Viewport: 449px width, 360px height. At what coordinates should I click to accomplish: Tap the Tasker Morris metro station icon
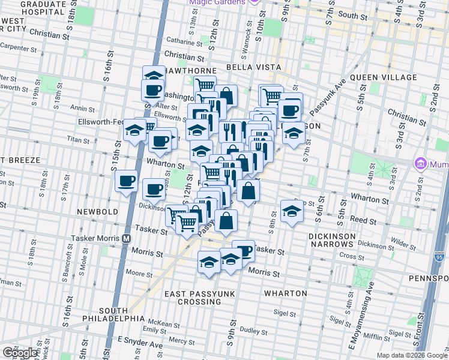[x=126, y=238]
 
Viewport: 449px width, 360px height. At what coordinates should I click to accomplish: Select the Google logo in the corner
[x=19, y=353]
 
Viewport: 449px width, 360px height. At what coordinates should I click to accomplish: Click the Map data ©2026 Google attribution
[x=411, y=355]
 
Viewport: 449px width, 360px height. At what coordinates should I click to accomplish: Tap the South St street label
[x=352, y=14]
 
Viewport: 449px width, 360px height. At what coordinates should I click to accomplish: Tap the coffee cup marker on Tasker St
[x=243, y=250]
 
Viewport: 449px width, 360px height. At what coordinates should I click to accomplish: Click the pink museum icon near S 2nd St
[x=420, y=163]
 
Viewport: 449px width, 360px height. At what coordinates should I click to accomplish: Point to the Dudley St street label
[x=253, y=330]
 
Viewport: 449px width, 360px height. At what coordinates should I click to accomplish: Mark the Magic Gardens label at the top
[x=217, y=2]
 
